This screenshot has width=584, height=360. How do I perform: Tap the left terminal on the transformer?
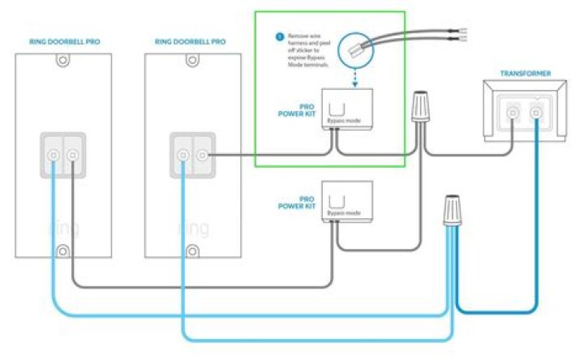coord(512,113)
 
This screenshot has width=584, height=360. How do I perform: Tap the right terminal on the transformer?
coord(535,113)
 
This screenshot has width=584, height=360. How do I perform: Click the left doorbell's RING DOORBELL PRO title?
coord(64,42)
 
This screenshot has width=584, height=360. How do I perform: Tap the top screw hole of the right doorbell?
coord(192,59)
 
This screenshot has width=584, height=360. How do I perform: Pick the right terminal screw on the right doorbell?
coord(203,153)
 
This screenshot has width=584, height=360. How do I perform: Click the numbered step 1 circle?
coord(279,37)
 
